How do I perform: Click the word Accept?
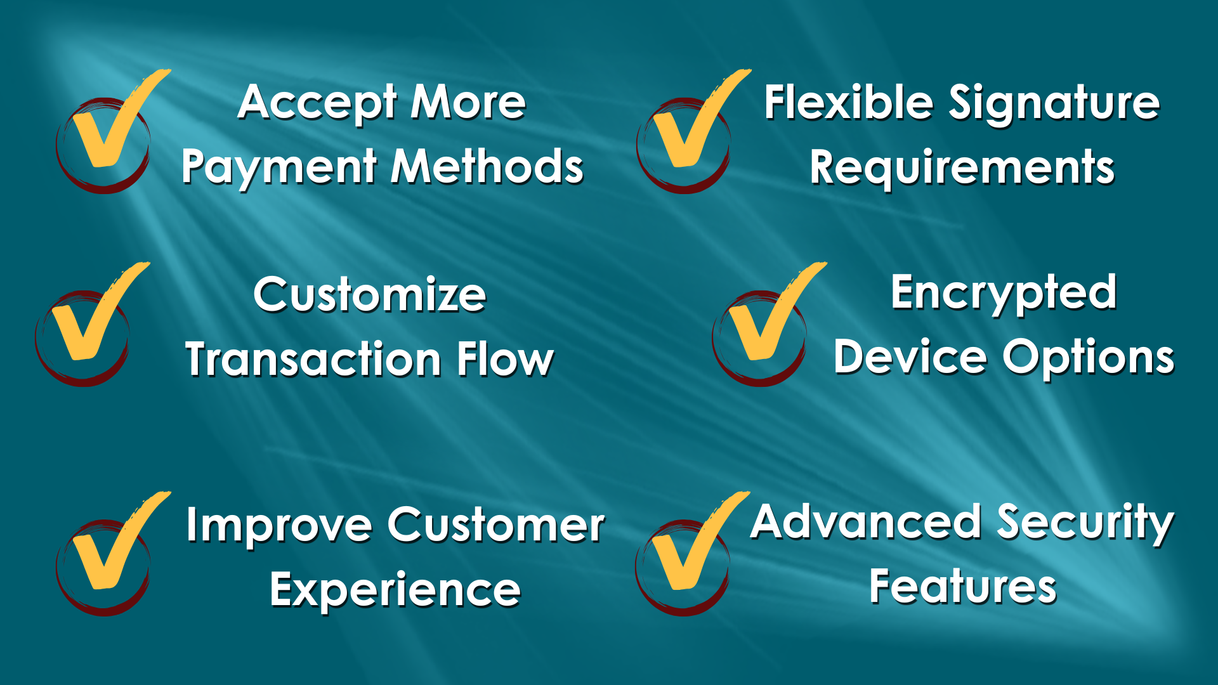pyautogui.click(x=318, y=103)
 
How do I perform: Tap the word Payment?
pyautogui.click(x=280, y=167)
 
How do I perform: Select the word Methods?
pyautogui.click(x=487, y=166)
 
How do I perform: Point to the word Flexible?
pyautogui.click(x=849, y=102)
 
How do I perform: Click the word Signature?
pyautogui.click(x=1054, y=104)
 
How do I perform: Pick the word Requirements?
pyautogui.click(x=962, y=168)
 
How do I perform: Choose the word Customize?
pyautogui.click(x=370, y=295)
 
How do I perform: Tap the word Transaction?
pyautogui.click(x=313, y=360)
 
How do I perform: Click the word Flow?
pyautogui.click(x=506, y=359)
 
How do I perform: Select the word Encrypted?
pyautogui.click(x=1004, y=294)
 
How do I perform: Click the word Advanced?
pyautogui.click(x=867, y=522)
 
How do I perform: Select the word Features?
pyautogui.click(x=963, y=587)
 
